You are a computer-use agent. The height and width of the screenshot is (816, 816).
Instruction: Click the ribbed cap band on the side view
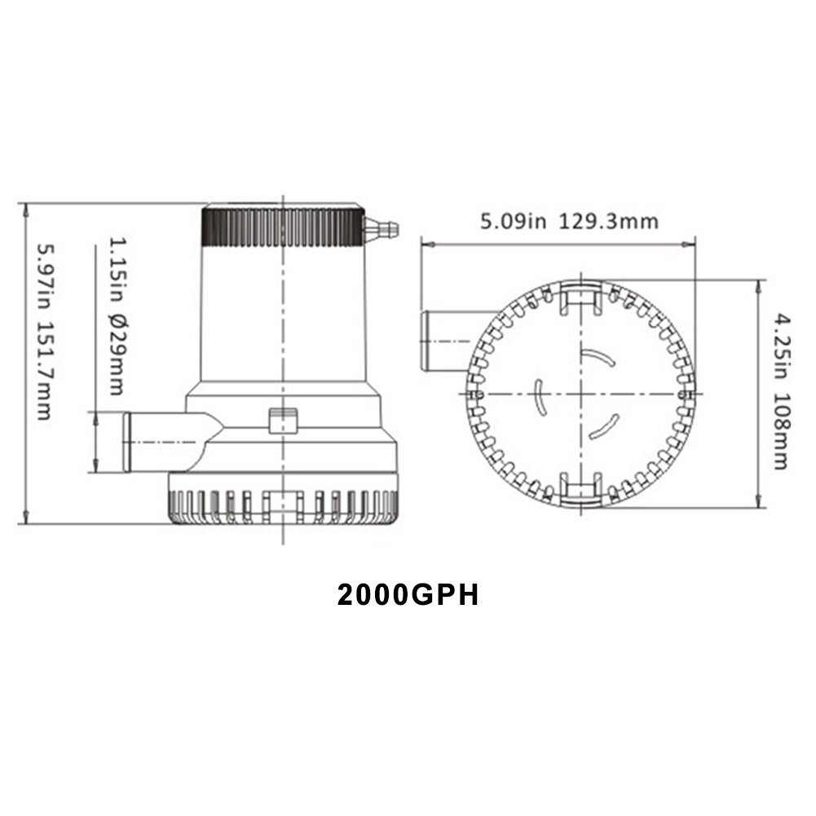(x=281, y=227)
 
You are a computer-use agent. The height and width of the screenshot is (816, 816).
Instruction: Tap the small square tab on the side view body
(x=282, y=421)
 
